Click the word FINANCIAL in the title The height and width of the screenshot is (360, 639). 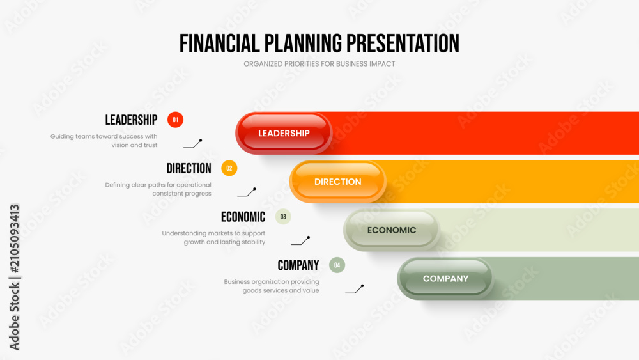click(219, 43)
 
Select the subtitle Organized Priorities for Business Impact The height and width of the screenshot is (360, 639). click(319, 64)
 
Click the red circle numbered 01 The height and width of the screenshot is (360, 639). click(175, 120)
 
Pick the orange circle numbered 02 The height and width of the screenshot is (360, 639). click(229, 168)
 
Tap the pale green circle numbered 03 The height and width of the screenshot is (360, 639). click(283, 217)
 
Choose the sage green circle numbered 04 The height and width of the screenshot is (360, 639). click(337, 265)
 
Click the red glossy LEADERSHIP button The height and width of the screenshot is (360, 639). click(284, 133)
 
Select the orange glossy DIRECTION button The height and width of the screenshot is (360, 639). click(338, 182)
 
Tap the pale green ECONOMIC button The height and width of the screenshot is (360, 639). click(392, 230)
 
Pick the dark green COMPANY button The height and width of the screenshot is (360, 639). click(445, 278)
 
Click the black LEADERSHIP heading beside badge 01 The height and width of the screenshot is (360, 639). click(131, 120)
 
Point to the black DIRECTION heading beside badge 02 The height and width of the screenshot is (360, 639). click(189, 168)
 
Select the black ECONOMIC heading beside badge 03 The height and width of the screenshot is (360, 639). click(243, 217)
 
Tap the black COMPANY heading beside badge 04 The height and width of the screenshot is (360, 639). click(298, 265)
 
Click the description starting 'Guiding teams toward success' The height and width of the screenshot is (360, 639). click(104, 141)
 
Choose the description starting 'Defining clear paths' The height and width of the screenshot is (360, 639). click(158, 189)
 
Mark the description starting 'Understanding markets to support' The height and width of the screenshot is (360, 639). click(213, 238)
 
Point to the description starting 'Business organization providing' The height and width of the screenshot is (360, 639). click(272, 286)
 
